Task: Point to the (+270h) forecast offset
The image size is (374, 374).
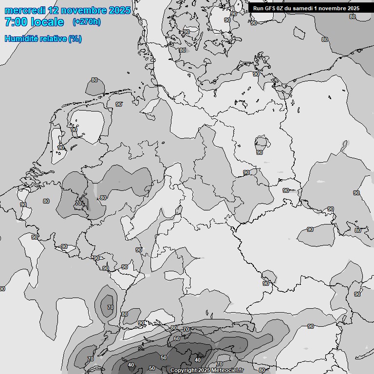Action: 86,22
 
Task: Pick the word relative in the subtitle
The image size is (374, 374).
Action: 54,38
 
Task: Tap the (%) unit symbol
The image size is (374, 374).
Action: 75,38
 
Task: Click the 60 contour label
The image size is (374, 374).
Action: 177,338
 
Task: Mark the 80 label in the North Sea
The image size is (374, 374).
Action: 94,80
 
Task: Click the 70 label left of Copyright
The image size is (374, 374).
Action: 90,359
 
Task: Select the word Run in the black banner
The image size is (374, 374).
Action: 258,8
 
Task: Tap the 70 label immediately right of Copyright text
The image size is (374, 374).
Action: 220,364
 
